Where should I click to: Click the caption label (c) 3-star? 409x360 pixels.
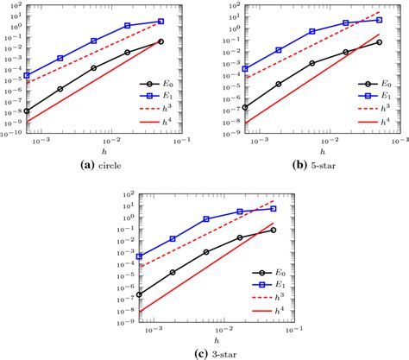click(204, 353)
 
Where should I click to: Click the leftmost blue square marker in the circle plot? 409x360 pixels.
click(27, 75)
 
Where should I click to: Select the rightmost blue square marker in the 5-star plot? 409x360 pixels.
click(379, 20)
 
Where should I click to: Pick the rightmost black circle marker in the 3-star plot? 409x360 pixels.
click(274, 230)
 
